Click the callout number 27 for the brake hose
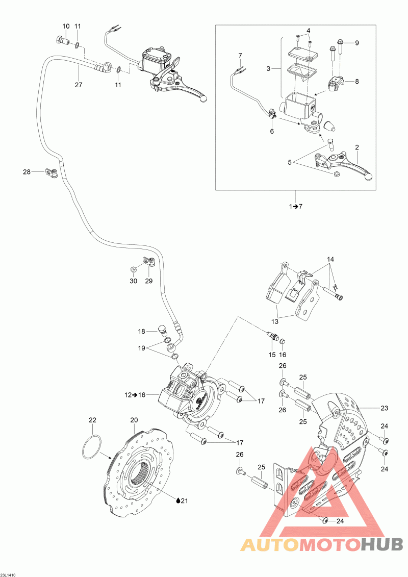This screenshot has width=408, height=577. click(x=79, y=85)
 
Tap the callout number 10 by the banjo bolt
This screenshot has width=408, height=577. click(x=66, y=26)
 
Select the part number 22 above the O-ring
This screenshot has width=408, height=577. click(x=92, y=420)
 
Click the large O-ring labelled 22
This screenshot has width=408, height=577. click(x=92, y=447)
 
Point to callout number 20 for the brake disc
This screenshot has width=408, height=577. click(x=134, y=420)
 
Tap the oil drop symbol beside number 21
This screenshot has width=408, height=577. click(x=178, y=500)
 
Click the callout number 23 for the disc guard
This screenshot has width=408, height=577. click(x=385, y=408)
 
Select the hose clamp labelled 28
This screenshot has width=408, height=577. click(x=52, y=172)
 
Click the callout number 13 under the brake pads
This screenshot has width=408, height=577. click(x=275, y=321)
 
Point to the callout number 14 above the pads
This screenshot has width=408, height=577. click(x=330, y=260)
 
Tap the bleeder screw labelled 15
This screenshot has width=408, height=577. click(x=272, y=336)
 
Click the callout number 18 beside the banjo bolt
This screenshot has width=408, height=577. click(x=142, y=332)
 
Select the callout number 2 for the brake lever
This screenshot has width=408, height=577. click(x=356, y=147)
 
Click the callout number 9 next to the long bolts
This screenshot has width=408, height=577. click(x=356, y=43)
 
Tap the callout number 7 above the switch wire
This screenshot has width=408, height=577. click(x=240, y=56)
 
